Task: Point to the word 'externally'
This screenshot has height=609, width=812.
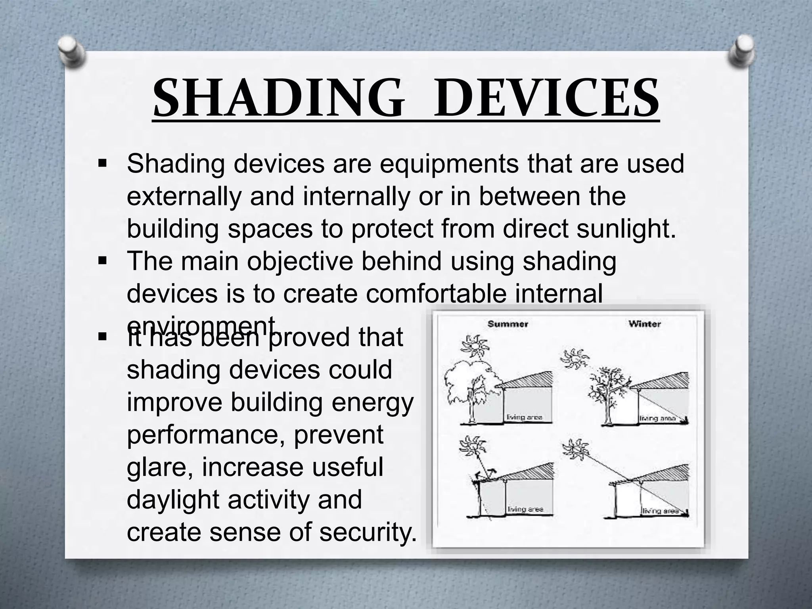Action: pos(184,197)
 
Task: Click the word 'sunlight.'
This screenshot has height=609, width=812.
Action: pos(626,229)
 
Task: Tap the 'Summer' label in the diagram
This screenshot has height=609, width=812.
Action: pos(507,324)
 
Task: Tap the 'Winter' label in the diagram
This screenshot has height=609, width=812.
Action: pos(644,324)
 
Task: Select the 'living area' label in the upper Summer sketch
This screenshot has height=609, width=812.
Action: pos(524,417)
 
